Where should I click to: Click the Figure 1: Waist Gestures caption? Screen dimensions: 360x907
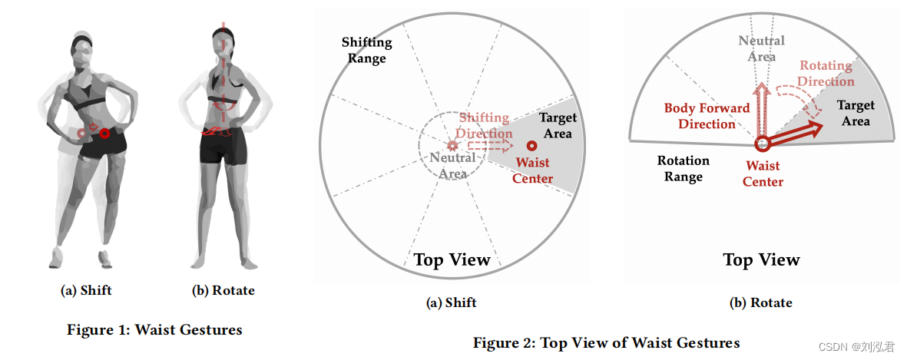tap(154, 330)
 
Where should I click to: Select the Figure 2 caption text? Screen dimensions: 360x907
tap(607, 342)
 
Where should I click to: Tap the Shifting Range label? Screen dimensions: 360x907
tap(367, 50)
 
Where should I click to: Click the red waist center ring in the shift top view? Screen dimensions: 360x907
tap(531, 146)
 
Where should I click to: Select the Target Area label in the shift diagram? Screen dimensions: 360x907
tap(558, 125)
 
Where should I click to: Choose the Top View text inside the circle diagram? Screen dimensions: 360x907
tap(452, 259)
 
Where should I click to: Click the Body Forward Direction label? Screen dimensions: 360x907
tap(707, 116)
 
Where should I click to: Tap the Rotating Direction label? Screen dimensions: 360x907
tap(826, 74)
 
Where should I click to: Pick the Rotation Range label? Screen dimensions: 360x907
tap(684, 169)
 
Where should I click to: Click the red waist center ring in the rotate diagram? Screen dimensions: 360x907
tap(763, 144)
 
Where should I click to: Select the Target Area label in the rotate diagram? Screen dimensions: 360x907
tap(856, 113)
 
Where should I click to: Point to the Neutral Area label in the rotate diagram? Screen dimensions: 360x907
tap(761, 48)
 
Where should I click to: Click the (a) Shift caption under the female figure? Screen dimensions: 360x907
tap(86, 290)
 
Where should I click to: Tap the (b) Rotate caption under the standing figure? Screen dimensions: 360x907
tap(223, 290)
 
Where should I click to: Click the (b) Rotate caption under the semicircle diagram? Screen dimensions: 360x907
tap(760, 302)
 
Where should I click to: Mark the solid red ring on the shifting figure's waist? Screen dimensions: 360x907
tap(104, 133)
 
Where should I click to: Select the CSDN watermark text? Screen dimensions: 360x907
tap(856, 347)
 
